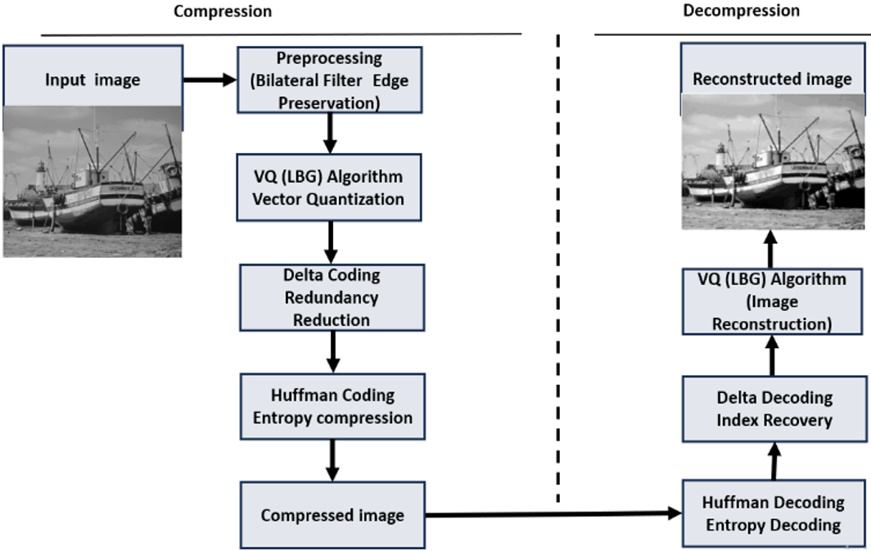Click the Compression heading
[223, 11]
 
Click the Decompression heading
[741, 11]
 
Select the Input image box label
[93, 80]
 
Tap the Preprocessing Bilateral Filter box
[329, 80]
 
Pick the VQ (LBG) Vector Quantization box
[329, 187]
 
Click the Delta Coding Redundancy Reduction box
[332, 298]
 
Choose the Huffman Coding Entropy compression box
[332, 407]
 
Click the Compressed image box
[332, 516]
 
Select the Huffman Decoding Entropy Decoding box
[774, 514]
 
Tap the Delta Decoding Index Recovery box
[774, 409]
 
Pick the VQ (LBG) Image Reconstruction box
[772, 301]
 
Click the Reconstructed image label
[772, 79]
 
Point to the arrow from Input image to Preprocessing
[210, 80]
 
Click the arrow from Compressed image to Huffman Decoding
[553, 514]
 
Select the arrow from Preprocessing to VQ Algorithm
[330, 133]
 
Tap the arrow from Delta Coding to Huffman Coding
[332, 352]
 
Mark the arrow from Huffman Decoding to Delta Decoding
[774, 461]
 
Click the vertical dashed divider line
[557, 269]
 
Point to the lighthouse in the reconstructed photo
[720, 159]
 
